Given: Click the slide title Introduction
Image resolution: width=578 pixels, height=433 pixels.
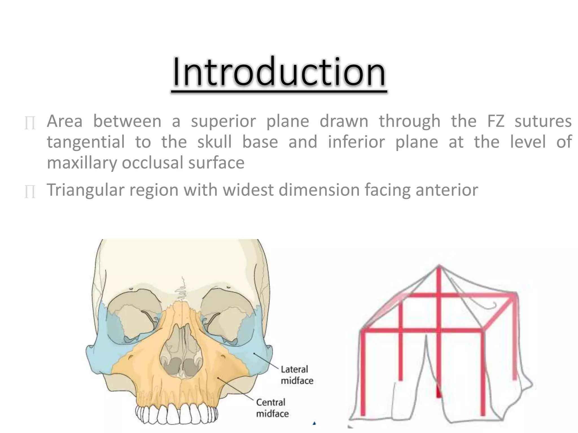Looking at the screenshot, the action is [x=279, y=72].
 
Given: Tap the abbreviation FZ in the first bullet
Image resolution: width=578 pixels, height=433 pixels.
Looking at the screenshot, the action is [x=496, y=121].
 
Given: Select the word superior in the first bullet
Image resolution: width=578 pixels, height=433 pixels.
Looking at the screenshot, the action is [x=223, y=121].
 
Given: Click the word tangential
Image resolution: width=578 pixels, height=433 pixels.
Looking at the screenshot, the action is [x=86, y=142].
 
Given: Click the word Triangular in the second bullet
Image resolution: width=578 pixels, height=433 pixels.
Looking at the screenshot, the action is [x=86, y=190].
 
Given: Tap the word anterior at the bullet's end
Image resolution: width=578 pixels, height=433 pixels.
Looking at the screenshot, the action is [x=447, y=190].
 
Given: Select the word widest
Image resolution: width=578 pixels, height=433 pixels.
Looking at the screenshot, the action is [x=248, y=190].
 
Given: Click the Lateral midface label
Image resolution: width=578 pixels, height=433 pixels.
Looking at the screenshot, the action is [x=297, y=375].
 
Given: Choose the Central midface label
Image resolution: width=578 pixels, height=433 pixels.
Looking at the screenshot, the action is [x=272, y=408].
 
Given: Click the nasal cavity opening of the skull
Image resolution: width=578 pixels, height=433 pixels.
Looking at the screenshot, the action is [x=181, y=352].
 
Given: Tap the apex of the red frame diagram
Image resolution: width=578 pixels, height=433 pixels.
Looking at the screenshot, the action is [x=439, y=266].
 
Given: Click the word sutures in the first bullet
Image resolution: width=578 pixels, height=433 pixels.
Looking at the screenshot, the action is [x=543, y=121].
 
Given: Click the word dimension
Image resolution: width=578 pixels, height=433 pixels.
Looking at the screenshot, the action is [x=319, y=190].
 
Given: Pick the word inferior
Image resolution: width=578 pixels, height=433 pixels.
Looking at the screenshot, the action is [x=356, y=142].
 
